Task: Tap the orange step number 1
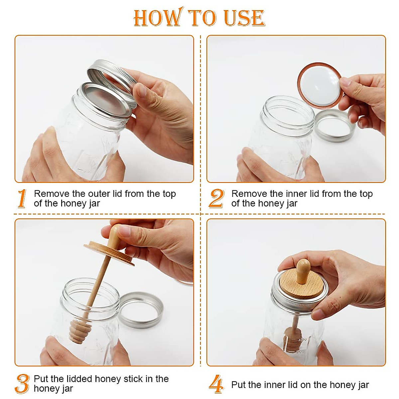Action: tap(22, 198)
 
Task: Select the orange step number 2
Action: tap(216, 198)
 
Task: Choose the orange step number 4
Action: tap(216, 384)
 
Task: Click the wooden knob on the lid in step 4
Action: tap(303, 271)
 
